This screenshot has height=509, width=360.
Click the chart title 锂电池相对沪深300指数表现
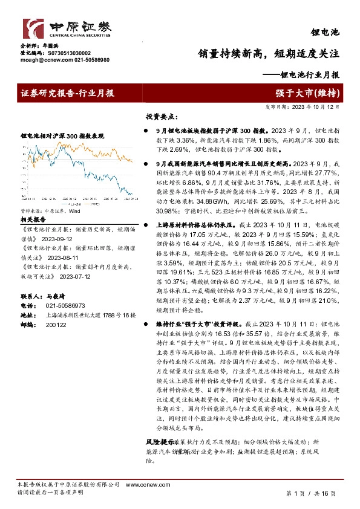[63, 137]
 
